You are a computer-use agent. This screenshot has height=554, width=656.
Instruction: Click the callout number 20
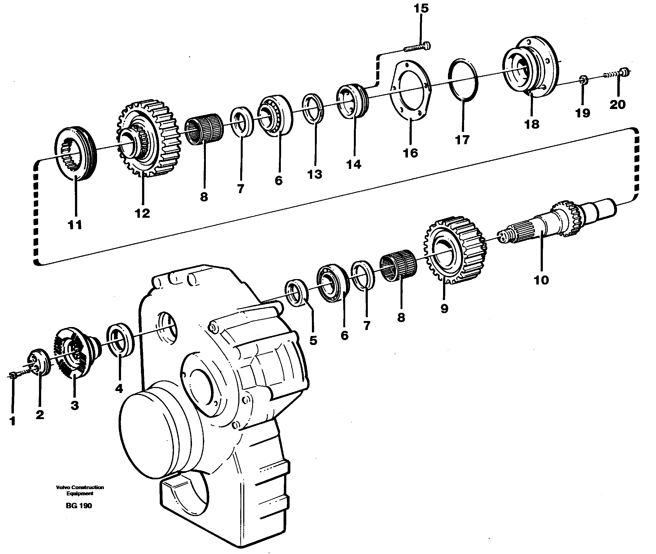tap(618, 105)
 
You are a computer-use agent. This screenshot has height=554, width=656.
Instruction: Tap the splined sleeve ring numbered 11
tap(76, 154)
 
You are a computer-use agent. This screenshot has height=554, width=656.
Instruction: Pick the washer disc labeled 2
tap(40, 363)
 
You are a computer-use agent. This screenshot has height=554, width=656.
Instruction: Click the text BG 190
tap(79, 506)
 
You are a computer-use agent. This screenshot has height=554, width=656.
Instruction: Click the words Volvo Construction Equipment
tap(80, 490)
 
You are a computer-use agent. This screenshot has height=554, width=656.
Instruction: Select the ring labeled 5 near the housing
tap(297, 292)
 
